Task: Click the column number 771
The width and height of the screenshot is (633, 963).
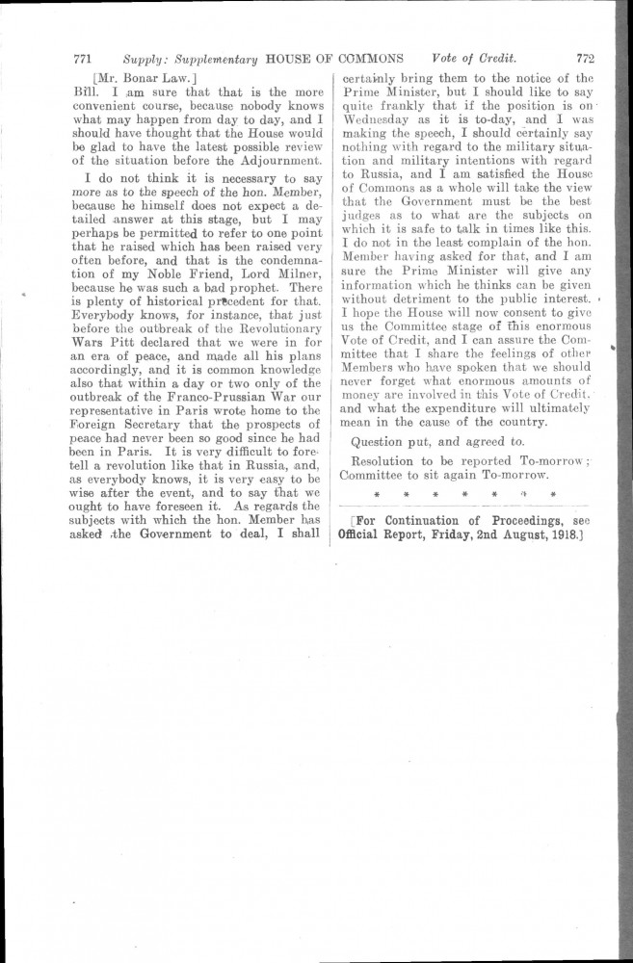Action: (x=82, y=57)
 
